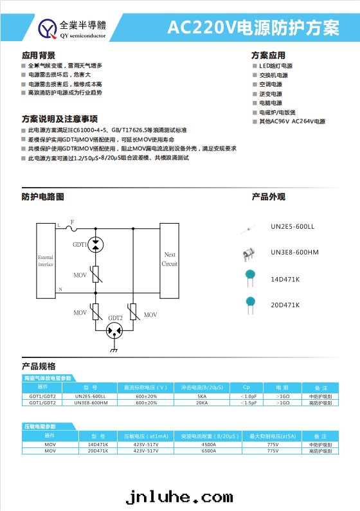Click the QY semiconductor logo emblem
point(47,28)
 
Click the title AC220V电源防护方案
point(253,28)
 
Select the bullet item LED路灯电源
point(276,66)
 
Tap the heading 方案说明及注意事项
point(60,119)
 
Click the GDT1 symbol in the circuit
point(96,244)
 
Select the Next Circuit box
point(170,259)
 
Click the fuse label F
point(72,222)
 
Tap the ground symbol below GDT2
point(115,349)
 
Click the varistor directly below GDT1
point(96,275)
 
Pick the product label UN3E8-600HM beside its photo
point(294,253)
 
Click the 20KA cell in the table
point(202,403)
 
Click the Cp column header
point(246,388)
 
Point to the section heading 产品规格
point(39,366)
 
